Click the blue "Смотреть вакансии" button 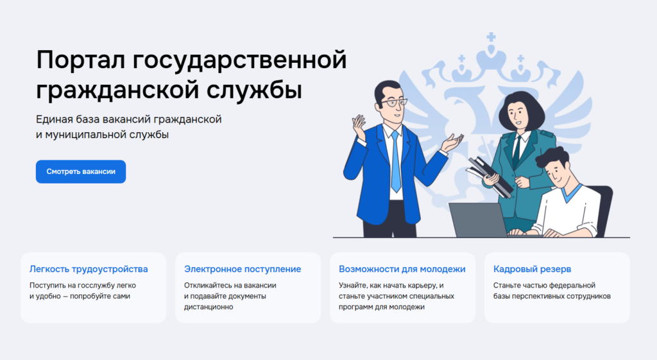point(81,171)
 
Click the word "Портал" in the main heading point(80,60)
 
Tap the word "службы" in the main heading point(254,90)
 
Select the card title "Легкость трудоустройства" point(89,269)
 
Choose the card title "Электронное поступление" point(243,269)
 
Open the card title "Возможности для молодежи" point(402,269)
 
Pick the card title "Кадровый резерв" point(532,269)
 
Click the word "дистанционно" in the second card point(209,307)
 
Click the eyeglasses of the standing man point(393,103)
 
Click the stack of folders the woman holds point(490,176)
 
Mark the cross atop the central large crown point(491,37)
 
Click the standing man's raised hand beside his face point(359,126)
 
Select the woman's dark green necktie point(517,151)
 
